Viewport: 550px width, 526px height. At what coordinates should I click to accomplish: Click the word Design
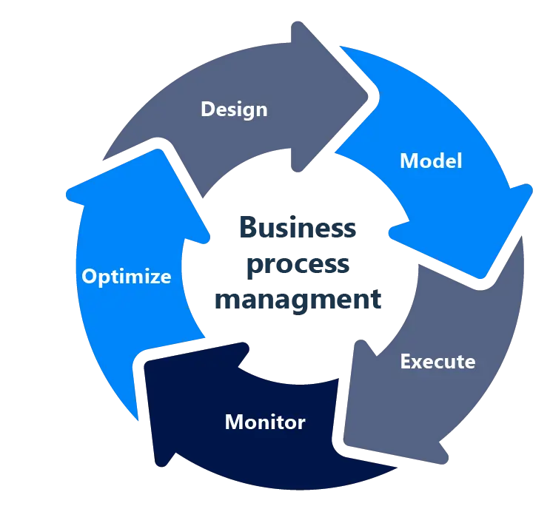point(234,109)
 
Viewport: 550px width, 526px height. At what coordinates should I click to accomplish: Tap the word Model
point(431,161)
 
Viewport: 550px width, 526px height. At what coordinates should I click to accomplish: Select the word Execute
point(437,362)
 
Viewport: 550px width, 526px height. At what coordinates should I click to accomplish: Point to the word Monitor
point(265,422)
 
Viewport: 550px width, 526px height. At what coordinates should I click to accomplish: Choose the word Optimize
point(127,277)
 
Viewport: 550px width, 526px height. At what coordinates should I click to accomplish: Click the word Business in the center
point(298,227)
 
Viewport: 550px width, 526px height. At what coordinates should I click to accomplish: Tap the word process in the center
point(298,265)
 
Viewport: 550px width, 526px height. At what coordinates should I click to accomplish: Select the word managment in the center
point(298,300)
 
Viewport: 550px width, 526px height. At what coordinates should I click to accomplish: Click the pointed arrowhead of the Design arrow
point(366,97)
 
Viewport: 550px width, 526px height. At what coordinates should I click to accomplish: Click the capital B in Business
point(248,227)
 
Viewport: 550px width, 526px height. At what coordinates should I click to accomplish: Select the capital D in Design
point(208,109)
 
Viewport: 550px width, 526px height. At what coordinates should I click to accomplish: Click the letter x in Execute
point(418,363)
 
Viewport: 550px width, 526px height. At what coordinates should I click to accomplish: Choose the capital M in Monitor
point(234,422)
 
